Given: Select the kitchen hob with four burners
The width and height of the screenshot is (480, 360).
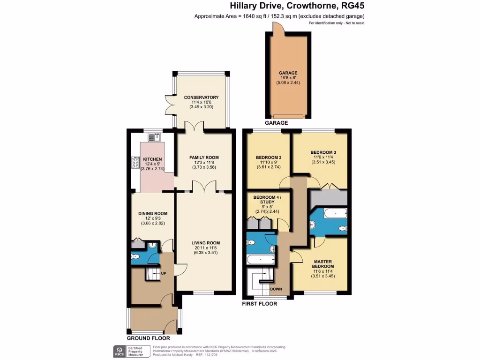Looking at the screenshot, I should pyautogui.click(x=135, y=163).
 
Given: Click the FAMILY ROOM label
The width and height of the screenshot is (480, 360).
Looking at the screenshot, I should pyautogui.click(x=204, y=157).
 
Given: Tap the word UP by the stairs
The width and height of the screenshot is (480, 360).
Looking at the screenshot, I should pyautogui.click(x=164, y=273).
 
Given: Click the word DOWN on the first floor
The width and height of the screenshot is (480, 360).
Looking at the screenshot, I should pyautogui.click(x=276, y=289).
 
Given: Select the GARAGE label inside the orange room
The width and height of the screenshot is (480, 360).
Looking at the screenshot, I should pyautogui.click(x=288, y=73).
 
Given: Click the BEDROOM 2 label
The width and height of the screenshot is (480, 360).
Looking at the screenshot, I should pyautogui.click(x=269, y=157).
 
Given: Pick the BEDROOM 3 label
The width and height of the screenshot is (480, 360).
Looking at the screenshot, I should pyautogui.click(x=323, y=152).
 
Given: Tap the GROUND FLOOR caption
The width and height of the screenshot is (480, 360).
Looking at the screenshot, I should pyautogui.click(x=148, y=338).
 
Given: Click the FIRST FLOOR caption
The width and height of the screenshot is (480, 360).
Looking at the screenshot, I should pyautogui.click(x=259, y=304).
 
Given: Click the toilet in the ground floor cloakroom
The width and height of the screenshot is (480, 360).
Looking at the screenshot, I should pyautogui.click(x=135, y=256).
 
